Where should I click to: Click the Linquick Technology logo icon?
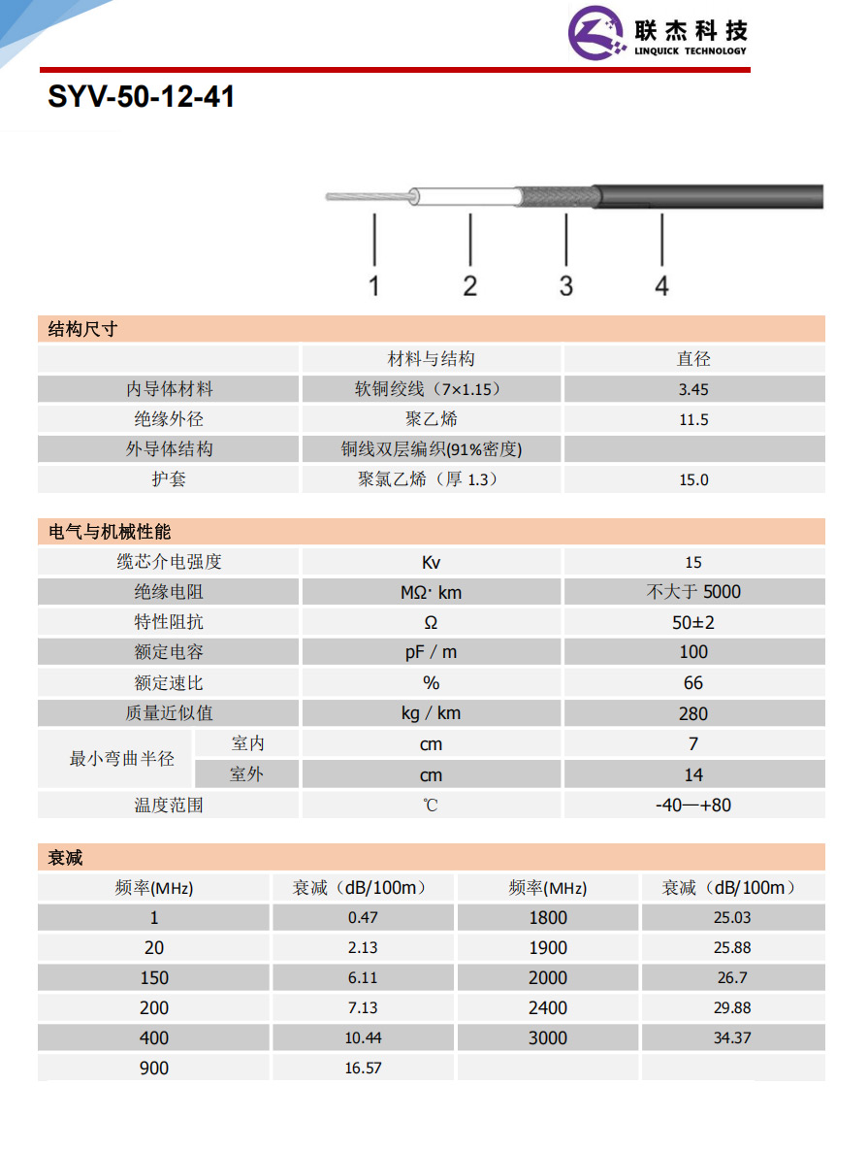pyautogui.click(x=596, y=35)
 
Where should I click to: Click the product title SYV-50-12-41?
pyautogui.click(x=142, y=98)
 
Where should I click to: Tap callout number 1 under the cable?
pyautogui.click(x=374, y=285)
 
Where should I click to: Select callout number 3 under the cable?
pyautogui.click(x=566, y=285)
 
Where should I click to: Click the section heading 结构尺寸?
pyautogui.click(x=83, y=329)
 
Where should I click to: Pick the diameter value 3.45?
pyautogui.click(x=693, y=390)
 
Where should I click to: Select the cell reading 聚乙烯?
pyautogui.click(x=432, y=420)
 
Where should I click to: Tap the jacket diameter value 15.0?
pyautogui.click(x=693, y=480)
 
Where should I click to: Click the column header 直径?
pyautogui.click(x=693, y=359)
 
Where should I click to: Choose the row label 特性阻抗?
pyautogui.click(x=169, y=622)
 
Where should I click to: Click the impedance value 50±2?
pyautogui.click(x=693, y=622)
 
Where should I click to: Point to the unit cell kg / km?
pyautogui.click(x=432, y=713)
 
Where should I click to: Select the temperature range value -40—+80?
pyautogui.click(x=693, y=805)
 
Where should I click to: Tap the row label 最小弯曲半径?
pyautogui.click(x=121, y=759)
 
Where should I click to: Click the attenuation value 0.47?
pyautogui.click(x=363, y=917)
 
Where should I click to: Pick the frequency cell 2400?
pyautogui.click(x=548, y=1008)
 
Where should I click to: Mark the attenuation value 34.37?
pyautogui.click(x=732, y=1038)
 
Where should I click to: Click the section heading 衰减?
pyautogui.click(x=66, y=857)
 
